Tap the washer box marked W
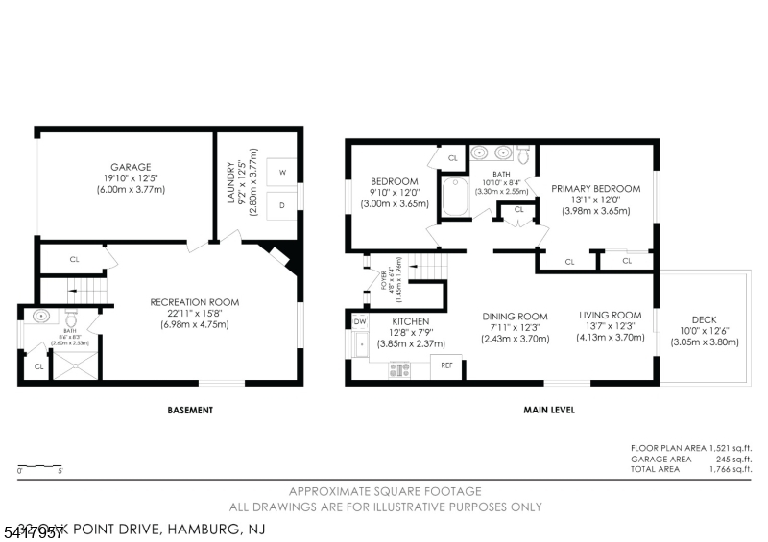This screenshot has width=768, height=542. click(282, 173)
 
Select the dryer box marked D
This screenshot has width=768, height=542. click(282, 204)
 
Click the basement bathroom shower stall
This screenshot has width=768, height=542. click(75, 364)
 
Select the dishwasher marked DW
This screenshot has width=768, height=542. click(360, 321)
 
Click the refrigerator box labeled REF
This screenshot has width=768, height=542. click(446, 366)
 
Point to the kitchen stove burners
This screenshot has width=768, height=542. click(400, 368)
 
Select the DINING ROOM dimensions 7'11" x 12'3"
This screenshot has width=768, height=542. click(515, 328)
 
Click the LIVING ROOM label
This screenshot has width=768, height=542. click(610, 315)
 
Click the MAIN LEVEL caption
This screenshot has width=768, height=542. click(548, 411)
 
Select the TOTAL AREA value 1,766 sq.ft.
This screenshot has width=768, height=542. click(730, 470)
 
